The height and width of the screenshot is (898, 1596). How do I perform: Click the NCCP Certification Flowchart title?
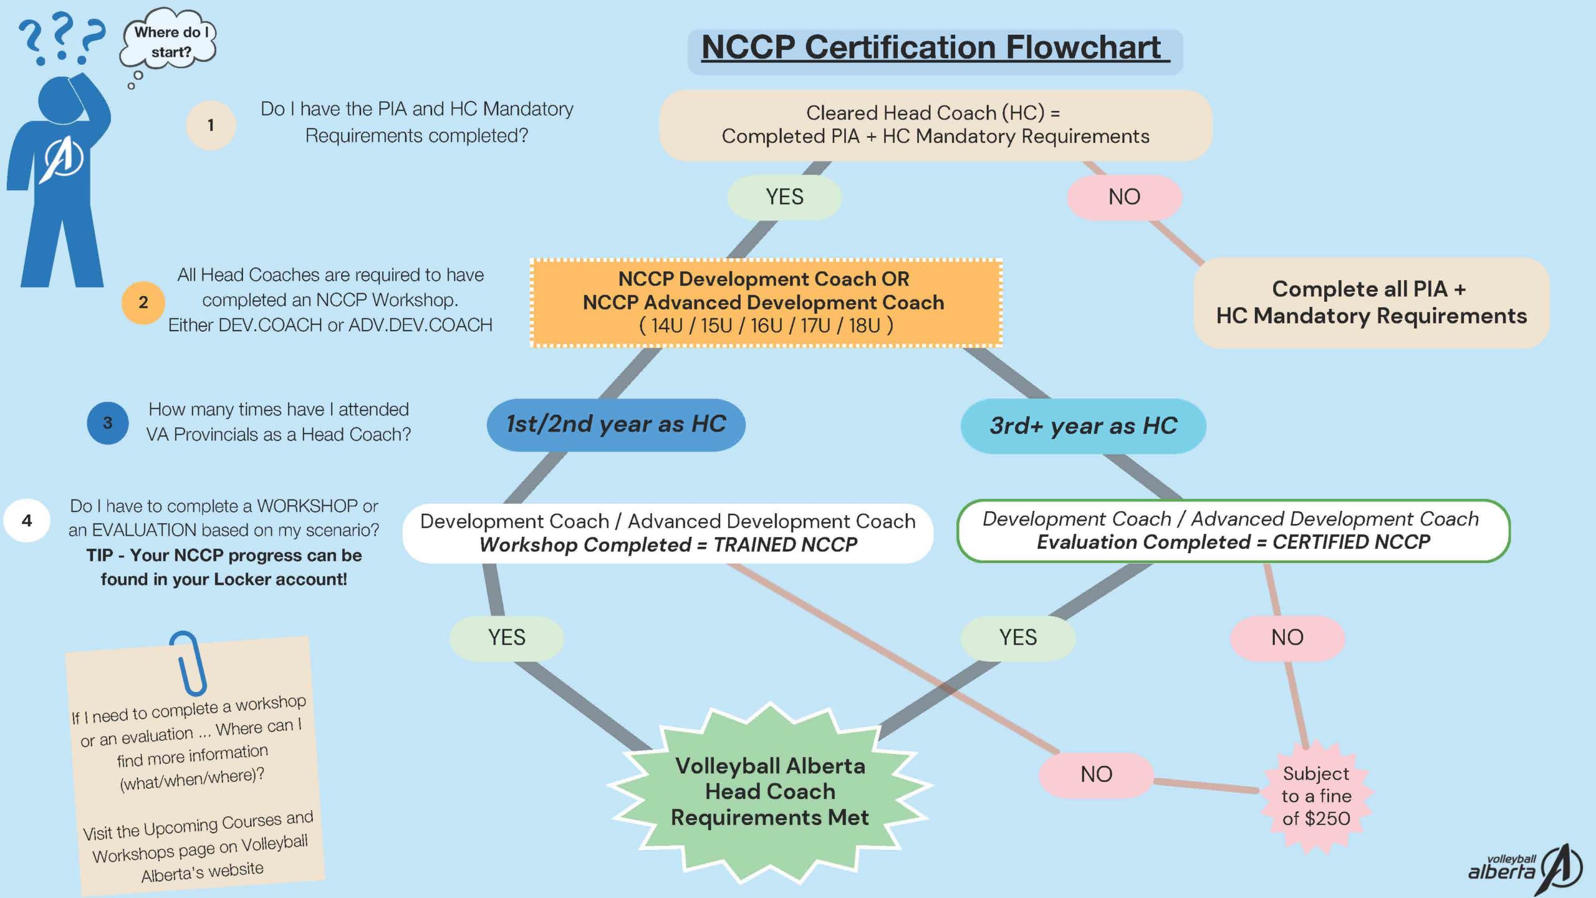tap(934, 48)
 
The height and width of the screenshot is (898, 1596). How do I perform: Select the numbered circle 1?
tap(211, 125)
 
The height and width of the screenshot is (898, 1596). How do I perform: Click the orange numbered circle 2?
tap(143, 302)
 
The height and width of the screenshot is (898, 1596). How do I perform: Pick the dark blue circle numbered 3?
tap(108, 423)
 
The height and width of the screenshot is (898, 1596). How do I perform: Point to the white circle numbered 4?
tap(27, 520)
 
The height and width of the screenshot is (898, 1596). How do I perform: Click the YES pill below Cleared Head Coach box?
tap(784, 197)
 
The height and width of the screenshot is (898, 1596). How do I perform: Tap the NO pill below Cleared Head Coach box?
tap(1124, 197)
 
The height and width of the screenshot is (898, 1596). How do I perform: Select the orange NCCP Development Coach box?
tap(766, 302)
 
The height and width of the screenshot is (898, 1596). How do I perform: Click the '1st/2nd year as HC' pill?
tap(616, 425)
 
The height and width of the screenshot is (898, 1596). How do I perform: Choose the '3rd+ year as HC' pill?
tap(1083, 426)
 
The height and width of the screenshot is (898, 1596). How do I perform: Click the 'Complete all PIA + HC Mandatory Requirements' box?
tap(1371, 303)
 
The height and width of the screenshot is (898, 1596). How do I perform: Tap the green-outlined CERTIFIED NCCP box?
tap(1233, 531)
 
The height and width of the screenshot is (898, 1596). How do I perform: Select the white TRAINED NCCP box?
tap(668, 533)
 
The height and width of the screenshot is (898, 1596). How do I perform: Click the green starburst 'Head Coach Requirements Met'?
tap(770, 792)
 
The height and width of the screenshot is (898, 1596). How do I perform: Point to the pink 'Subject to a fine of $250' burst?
tap(1316, 796)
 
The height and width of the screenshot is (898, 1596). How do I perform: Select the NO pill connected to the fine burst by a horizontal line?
tap(1096, 775)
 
